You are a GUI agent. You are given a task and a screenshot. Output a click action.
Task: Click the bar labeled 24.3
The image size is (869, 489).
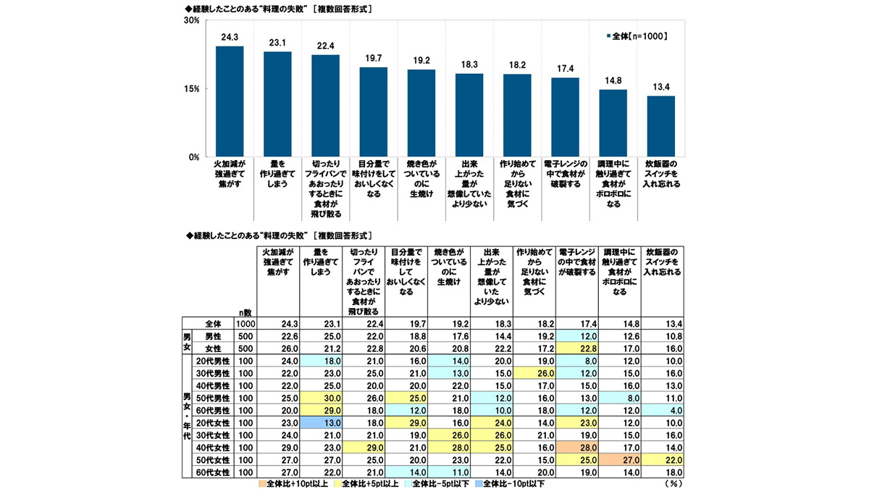230,101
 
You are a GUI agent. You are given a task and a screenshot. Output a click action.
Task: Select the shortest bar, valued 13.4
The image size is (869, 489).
660,126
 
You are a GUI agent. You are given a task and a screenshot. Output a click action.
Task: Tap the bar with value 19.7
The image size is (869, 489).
373,112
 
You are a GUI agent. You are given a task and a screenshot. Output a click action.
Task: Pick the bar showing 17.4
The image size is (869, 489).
564,117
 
